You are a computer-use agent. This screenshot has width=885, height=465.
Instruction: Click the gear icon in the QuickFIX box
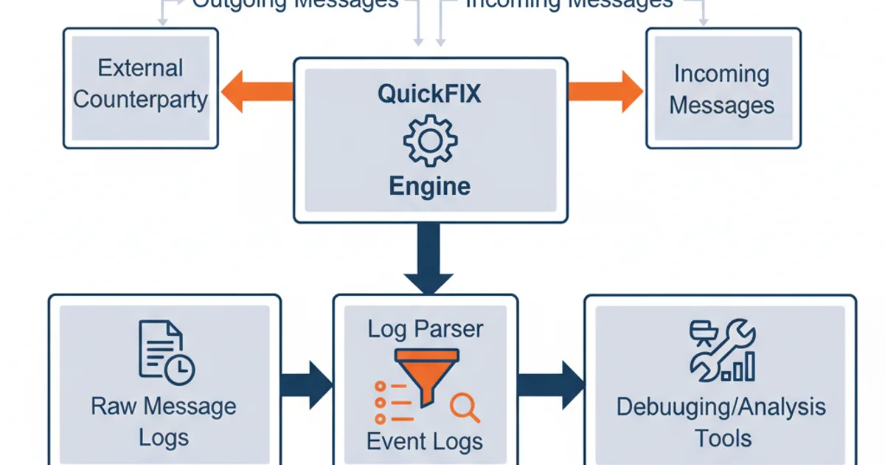tap(430, 139)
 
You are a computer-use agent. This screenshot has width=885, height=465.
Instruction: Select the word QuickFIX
tap(429, 95)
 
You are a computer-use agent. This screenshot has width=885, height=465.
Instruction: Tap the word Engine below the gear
tap(429, 185)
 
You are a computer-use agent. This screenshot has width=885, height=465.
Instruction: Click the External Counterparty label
tap(140, 83)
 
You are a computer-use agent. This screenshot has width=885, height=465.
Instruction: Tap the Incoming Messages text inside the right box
tap(721, 89)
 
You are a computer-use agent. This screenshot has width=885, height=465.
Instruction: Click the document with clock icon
tap(165, 352)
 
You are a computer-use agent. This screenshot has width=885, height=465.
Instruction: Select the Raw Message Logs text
tap(164, 421)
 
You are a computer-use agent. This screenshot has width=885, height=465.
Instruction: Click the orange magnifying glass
tap(465, 408)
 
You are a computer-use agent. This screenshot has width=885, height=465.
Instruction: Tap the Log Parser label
tap(426, 328)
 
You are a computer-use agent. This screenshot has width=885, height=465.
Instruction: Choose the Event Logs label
tap(425, 441)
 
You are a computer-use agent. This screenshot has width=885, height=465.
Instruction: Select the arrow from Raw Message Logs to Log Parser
tap(307, 385)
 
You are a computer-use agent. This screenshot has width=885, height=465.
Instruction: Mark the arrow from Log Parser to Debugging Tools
tap(550, 385)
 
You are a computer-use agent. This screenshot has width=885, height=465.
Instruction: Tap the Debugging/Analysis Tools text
tap(721, 421)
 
